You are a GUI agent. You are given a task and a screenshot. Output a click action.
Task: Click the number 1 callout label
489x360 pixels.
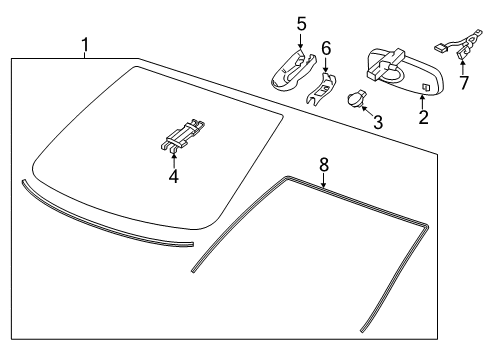[x=85, y=44]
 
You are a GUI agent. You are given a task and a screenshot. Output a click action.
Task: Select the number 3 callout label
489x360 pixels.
[x=377, y=122]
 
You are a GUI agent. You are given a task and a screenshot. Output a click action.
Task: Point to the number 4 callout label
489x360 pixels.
[x=174, y=176]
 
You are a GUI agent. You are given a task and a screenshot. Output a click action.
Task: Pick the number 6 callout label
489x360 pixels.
[x=325, y=47]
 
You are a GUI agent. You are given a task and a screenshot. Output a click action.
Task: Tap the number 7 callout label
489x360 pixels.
[x=463, y=82]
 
